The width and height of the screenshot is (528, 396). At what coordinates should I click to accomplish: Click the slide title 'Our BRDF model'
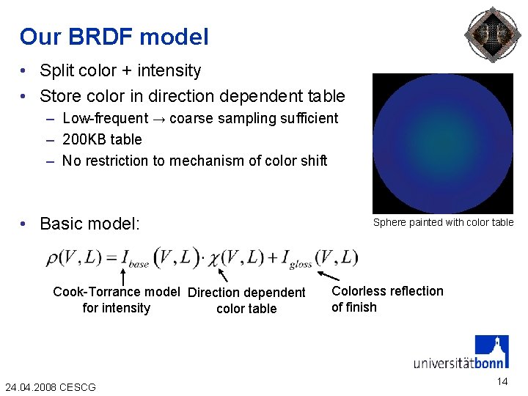114,37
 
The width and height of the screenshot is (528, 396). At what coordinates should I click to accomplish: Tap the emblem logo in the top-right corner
493,35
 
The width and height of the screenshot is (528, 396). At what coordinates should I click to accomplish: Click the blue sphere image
442,143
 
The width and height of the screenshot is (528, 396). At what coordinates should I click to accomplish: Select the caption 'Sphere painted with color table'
443,222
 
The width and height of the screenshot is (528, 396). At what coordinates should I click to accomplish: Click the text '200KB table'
102,139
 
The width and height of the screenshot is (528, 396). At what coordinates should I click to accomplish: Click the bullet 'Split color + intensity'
120,70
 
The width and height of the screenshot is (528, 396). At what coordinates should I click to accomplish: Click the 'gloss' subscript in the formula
300,264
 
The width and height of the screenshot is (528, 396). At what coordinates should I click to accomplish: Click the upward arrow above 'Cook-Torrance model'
123,276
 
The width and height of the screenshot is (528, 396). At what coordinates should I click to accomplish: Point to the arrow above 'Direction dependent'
225,275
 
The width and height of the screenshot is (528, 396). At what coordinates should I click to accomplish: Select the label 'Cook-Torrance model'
116,292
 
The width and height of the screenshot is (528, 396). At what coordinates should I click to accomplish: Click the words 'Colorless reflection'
387,291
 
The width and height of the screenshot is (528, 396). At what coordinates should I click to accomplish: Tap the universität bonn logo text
459,362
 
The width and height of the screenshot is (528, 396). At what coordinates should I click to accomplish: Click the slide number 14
502,381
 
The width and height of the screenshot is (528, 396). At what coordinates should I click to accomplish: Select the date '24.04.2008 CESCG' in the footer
50,386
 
